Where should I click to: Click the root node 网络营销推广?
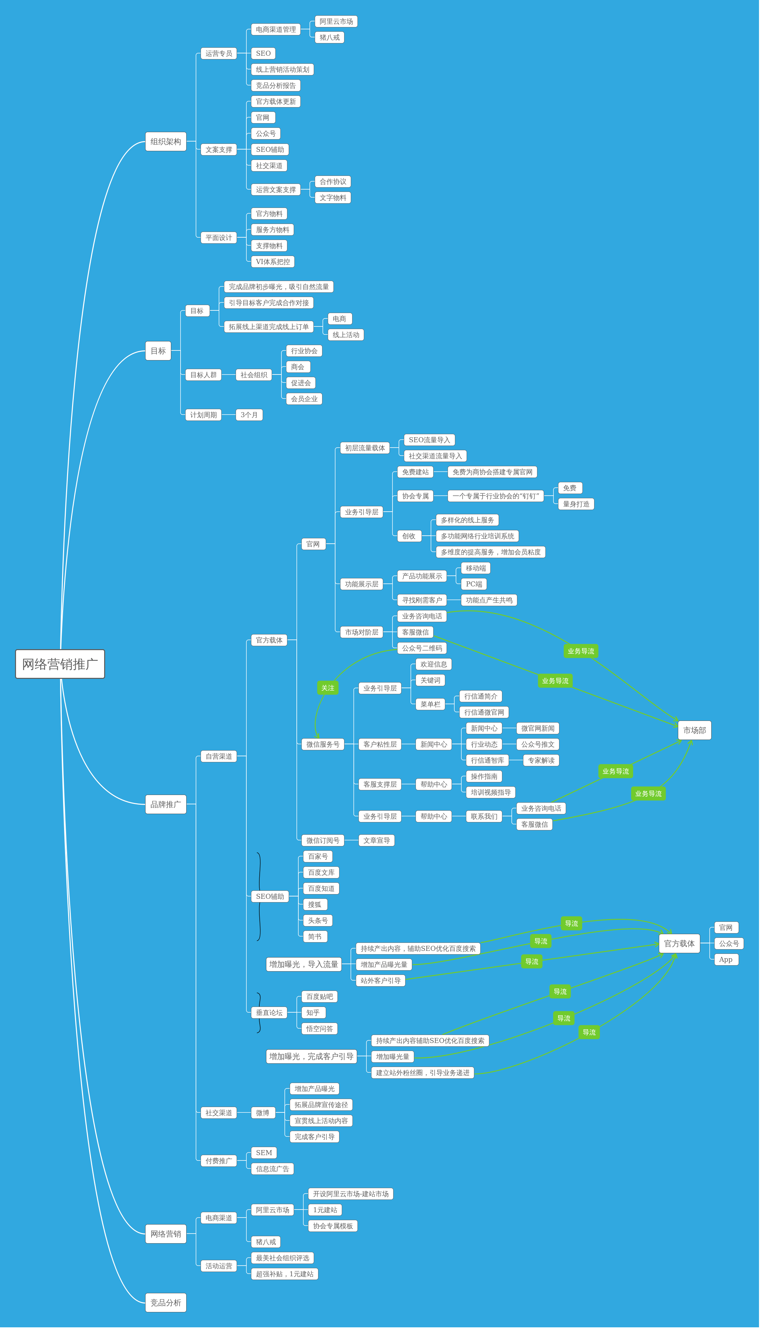[x=60, y=664]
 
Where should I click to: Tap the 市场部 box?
[x=694, y=730]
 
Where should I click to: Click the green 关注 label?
[x=327, y=688]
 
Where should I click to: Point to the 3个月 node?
[x=249, y=415]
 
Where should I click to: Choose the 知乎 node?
[x=313, y=1012]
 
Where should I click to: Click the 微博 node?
[x=262, y=1112]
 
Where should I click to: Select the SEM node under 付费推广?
[x=264, y=1152]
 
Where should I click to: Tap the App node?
[x=726, y=960]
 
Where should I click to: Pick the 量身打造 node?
[x=576, y=504]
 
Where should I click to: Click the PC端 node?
[x=474, y=584]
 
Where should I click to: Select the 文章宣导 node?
[x=376, y=840]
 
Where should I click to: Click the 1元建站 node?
[x=325, y=1210]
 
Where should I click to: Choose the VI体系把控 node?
[x=272, y=262]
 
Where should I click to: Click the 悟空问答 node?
[x=319, y=1029]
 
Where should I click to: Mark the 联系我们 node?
[x=484, y=816]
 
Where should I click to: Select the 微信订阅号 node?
[x=323, y=840]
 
